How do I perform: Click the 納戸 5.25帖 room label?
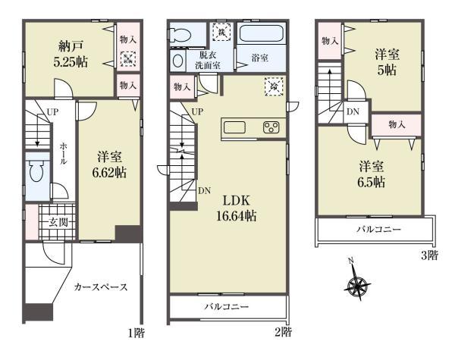coord(71,54)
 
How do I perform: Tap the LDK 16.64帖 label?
coord(236,208)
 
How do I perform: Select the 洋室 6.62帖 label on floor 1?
coord(109,164)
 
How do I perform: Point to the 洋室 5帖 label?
coord(387,62)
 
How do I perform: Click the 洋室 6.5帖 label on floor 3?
coord(372,174)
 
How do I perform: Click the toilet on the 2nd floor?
coord(180,35)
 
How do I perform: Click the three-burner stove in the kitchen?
coord(271,127)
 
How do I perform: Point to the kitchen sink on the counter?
coord(234,127)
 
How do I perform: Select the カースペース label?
coord(101,287)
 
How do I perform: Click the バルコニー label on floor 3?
coord(379,229)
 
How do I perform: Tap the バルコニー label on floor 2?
coord(227,307)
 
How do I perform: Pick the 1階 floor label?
coord(136,333)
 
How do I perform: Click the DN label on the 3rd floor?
coord(353,111)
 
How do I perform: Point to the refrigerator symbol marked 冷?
coord(274,86)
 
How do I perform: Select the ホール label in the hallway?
coord(63,153)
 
